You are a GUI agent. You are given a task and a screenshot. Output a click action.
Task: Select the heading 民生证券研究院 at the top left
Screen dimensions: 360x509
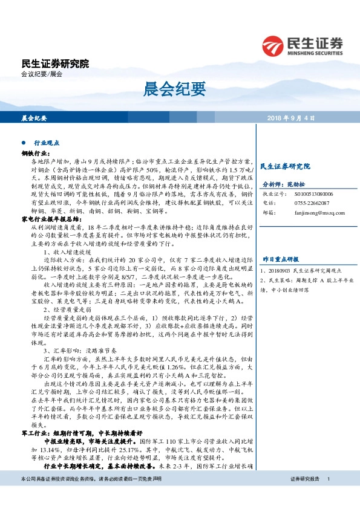click(54, 62)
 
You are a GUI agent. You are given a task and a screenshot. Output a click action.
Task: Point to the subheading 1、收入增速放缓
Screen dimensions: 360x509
click(67, 250)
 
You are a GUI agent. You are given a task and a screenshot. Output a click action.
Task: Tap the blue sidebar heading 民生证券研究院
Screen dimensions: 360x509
click(284, 166)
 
